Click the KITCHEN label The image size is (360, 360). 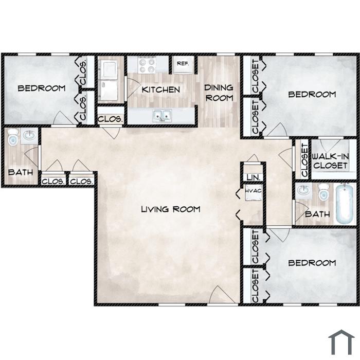[160, 89]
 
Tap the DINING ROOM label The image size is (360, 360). [219, 93]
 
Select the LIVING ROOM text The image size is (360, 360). [171, 209]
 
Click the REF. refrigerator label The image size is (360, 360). [183, 63]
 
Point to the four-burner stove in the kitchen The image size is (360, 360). [147, 65]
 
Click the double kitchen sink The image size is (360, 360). [163, 116]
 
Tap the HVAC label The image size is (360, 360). [253, 191]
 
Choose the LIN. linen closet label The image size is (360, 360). [254, 177]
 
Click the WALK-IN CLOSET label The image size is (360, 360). [330, 161]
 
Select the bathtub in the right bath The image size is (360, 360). [344, 204]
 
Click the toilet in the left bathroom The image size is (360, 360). [12, 137]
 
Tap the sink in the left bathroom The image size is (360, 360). [29, 135]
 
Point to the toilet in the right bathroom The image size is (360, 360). [323, 192]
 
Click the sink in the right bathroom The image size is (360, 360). [304, 190]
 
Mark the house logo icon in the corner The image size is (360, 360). [341, 342]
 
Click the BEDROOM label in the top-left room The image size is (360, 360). [42, 88]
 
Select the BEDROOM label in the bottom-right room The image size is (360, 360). [312, 263]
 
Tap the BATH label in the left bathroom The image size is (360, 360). [21, 172]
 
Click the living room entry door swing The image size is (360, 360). [222, 295]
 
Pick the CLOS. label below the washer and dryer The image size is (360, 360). [110, 119]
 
